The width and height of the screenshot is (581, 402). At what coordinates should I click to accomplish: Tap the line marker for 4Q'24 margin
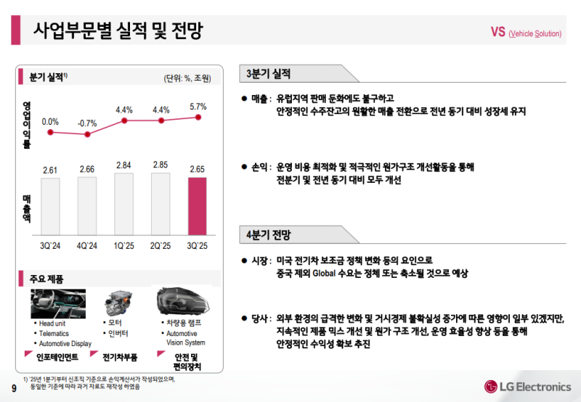coord(87,134)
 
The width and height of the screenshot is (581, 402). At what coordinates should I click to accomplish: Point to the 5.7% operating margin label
coord(198,107)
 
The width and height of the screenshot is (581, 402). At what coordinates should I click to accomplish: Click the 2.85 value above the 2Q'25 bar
coord(161,165)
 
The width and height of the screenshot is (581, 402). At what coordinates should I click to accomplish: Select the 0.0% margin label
coord(50,122)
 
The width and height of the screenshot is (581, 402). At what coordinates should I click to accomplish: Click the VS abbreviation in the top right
coord(498,32)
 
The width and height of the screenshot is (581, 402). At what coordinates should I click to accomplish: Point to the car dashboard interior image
coord(58,303)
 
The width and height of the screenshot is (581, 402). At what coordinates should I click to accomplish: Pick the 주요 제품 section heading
coord(46,278)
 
